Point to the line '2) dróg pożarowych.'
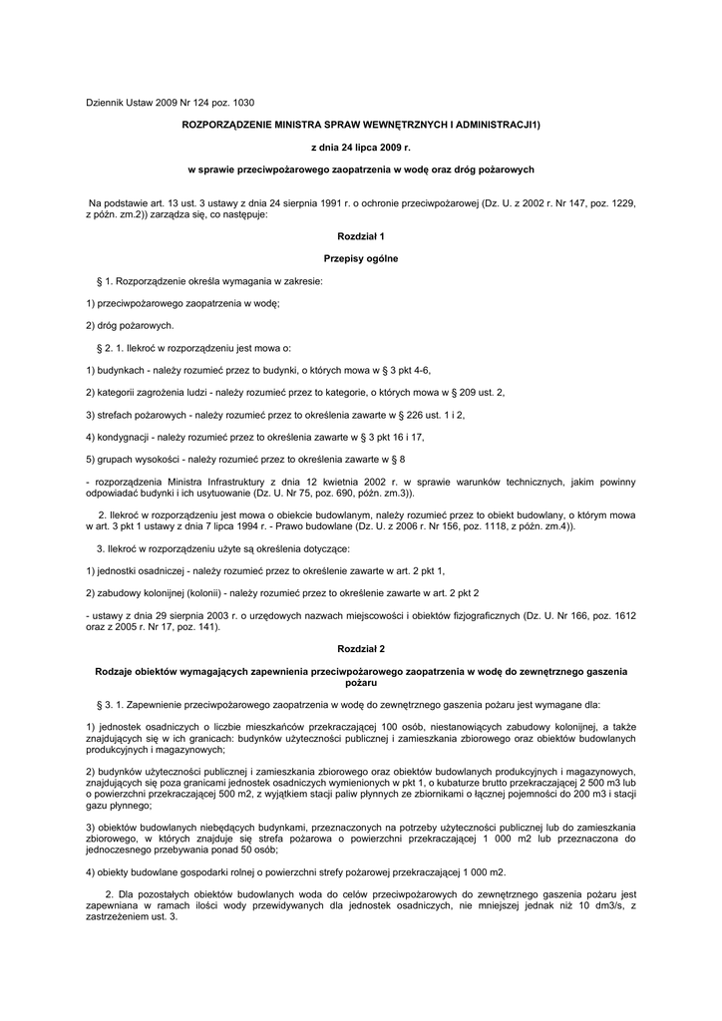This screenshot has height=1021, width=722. (x=131, y=325)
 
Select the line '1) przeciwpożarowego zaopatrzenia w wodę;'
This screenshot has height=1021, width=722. (x=182, y=303)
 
